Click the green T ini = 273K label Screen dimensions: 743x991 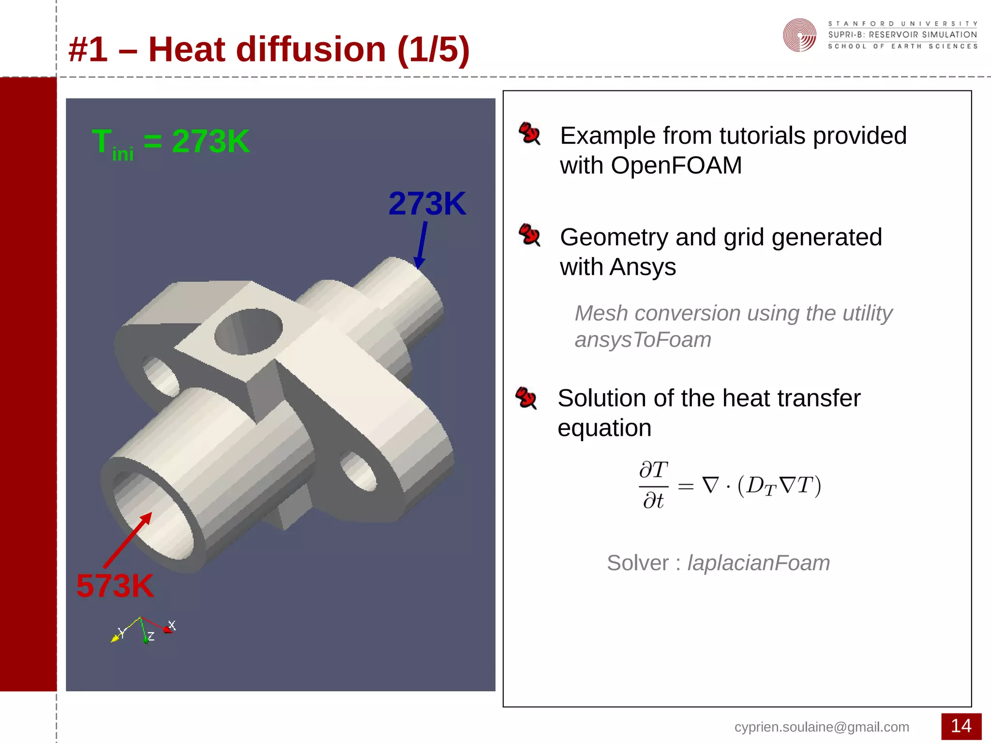pyautogui.click(x=170, y=143)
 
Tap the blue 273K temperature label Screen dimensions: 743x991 pyautogui.click(x=427, y=204)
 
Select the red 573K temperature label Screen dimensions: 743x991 pyautogui.click(x=115, y=586)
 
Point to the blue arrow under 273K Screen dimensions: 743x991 pyautogui.click(x=421, y=244)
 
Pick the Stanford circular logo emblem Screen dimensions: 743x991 pyautogui.click(x=799, y=35)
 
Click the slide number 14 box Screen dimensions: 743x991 pyautogui.click(x=961, y=726)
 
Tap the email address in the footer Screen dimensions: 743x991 pyautogui.click(x=822, y=727)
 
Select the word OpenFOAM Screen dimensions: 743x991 pyautogui.click(x=676, y=166)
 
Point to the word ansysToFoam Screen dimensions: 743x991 pyautogui.click(x=643, y=340)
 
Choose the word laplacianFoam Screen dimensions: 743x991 pyautogui.click(x=758, y=563)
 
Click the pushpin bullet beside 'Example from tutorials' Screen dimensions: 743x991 pyautogui.click(x=529, y=133)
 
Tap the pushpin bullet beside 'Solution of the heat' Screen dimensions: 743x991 pyautogui.click(x=526, y=398)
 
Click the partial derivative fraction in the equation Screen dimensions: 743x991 pyautogui.click(x=653, y=485)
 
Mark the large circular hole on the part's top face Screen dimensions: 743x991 pyautogui.click(x=248, y=331)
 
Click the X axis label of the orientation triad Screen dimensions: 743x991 pyautogui.click(x=172, y=625)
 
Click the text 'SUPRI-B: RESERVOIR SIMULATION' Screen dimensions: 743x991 pyautogui.click(x=902, y=35)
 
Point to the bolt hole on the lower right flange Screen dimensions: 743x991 pyautogui.click(x=359, y=470)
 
